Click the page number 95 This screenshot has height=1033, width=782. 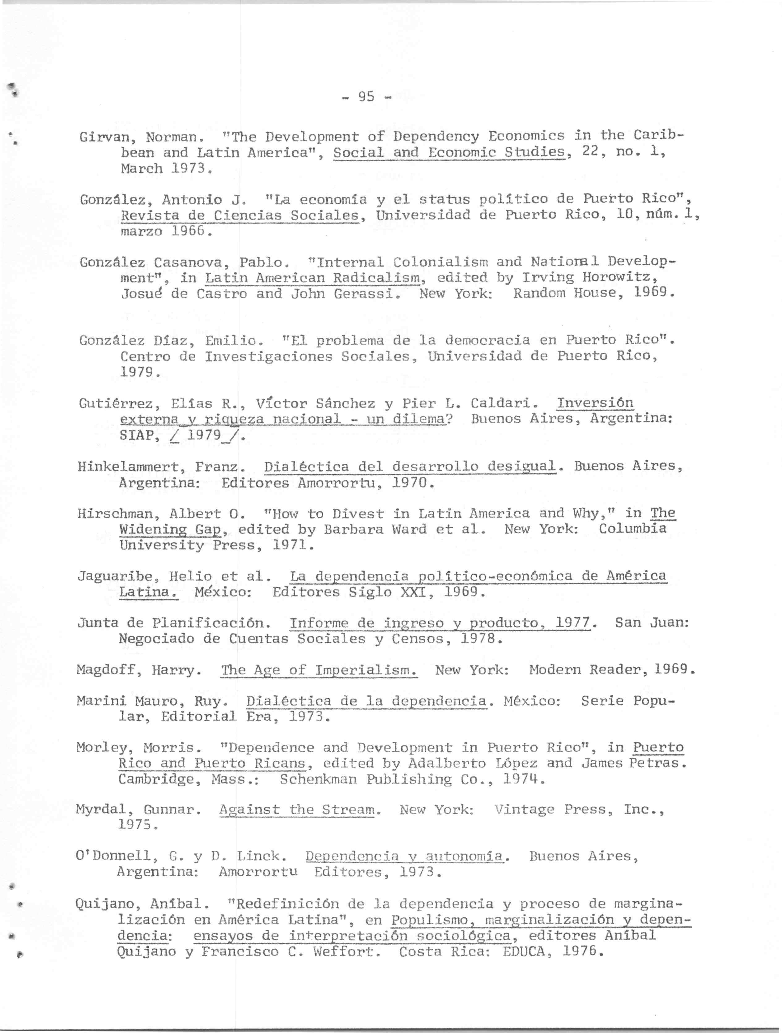pos(366,97)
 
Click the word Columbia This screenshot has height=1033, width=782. pos(633,529)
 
